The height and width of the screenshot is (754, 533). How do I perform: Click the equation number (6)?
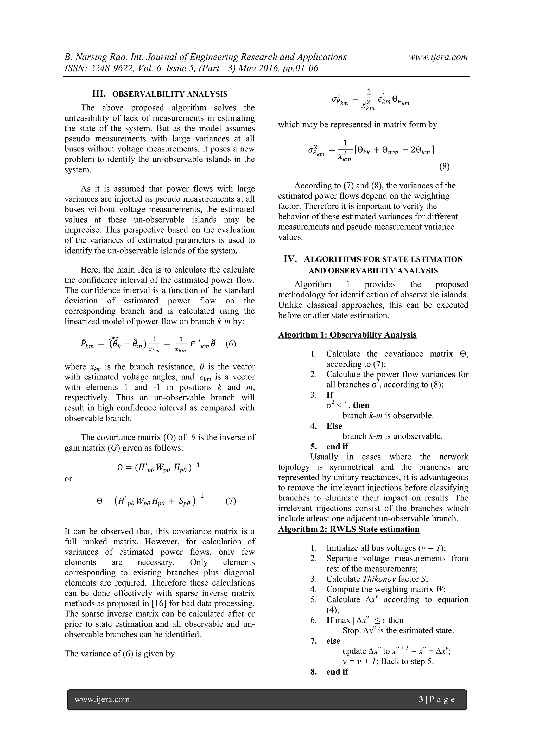coord(231,344)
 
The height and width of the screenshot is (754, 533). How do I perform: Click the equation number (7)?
coord(231,501)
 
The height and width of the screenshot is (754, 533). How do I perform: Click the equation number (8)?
coord(444,167)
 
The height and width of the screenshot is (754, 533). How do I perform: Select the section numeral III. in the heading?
coord(99,94)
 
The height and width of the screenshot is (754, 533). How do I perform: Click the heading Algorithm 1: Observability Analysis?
coord(347,335)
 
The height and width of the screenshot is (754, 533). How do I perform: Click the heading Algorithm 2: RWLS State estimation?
coord(349,529)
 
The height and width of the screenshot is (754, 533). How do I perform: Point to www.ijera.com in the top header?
coord(438,57)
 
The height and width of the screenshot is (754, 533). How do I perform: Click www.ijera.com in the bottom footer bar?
coord(102,700)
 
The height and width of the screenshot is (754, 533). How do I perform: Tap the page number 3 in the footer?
coord(421,700)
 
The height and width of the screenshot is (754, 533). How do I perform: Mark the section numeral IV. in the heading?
coord(290,259)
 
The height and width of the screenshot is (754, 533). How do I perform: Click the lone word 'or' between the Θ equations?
coord(68,479)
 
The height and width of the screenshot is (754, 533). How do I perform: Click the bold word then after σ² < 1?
coord(361,405)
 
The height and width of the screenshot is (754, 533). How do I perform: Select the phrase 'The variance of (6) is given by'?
coord(119,654)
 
